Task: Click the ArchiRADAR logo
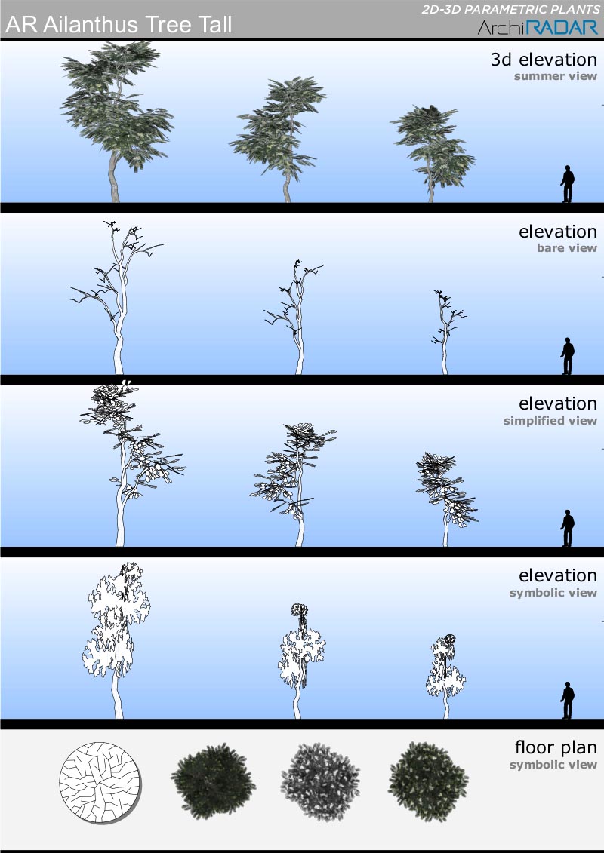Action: click(x=538, y=27)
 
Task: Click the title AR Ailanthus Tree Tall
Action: click(x=119, y=25)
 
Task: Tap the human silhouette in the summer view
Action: click(x=568, y=184)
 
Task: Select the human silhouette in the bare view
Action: click(x=568, y=356)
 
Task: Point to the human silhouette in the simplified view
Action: click(x=568, y=528)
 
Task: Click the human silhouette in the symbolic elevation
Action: click(x=568, y=701)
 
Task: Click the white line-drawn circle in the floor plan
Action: click(x=100, y=782)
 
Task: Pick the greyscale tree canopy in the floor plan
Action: click(x=320, y=782)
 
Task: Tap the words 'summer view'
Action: click(x=556, y=76)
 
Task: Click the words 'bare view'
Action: click(x=567, y=248)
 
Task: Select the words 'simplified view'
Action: click(x=550, y=421)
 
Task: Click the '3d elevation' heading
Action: click(x=544, y=60)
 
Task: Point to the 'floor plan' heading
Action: click(x=556, y=747)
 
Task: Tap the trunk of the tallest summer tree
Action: click(x=114, y=179)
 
